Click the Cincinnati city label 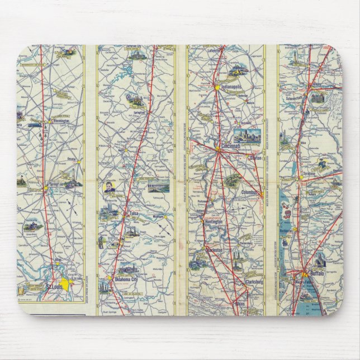231,146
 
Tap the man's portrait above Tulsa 108,190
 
